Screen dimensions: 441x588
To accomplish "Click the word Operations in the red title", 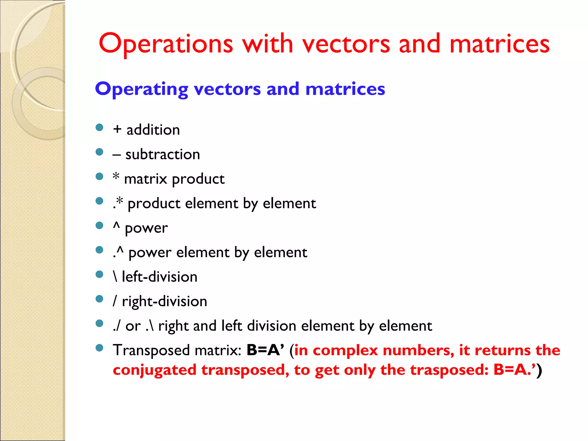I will pyautogui.click(x=166, y=44).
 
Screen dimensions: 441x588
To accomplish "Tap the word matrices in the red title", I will pyautogui.click(x=499, y=44).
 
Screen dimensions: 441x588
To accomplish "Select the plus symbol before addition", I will pyautogui.click(x=117, y=129).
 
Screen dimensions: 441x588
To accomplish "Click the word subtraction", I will pyautogui.click(x=163, y=154).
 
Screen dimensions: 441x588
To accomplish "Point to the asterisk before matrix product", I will pyautogui.click(x=116, y=176).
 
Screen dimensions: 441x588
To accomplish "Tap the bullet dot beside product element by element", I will pyautogui.click(x=99, y=201).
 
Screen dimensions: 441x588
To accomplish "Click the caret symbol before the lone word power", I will pyautogui.click(x=116, y=226).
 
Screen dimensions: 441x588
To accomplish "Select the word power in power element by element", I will pyautogui.click(x=150, y=253).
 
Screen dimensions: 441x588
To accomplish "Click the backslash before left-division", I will pyautogui.click(x=115, y=276).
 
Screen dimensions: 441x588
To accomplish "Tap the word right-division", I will pyautogui.click(x=165, y=301).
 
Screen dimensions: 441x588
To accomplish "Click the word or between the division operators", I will pyautogui.click(x=133, y=326).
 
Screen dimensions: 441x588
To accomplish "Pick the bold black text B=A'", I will pyautogui.click(x=265, y=350).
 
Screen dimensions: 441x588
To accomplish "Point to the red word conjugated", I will pyautogui.click(x=154, y=370).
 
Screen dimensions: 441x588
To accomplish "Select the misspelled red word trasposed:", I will pyautogui.click(x=449, y=370).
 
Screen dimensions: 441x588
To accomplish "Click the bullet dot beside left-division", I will pyautogui.click(x=99, y=274).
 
